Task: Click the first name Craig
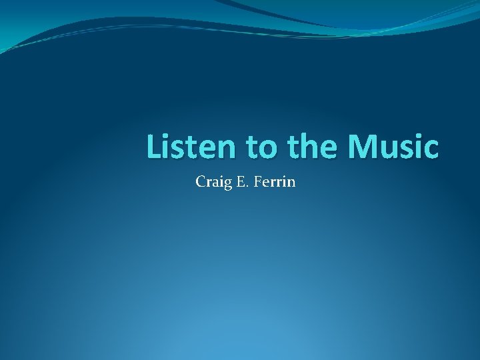[x=211, y=181]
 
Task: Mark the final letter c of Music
[x=431, y=150]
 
